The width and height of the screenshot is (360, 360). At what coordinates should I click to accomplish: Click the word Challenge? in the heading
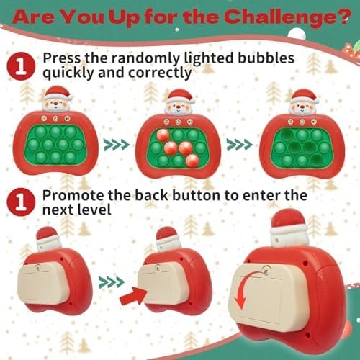[x=287, y=17]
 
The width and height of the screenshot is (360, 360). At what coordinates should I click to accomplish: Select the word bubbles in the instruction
[x=266, y=58]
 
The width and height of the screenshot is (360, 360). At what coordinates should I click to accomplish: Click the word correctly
[x=160, y=73]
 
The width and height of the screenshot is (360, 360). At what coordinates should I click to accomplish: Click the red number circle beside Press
[x=21, y=66]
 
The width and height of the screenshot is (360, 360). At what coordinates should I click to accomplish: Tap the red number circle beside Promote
[x=21, y=202]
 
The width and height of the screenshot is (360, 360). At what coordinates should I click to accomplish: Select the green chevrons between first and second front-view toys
[x=117, y=145]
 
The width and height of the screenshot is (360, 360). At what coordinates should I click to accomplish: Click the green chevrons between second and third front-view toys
[x=240, y=144]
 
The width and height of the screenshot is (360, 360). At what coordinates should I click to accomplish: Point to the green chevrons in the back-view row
[x=112, y=282]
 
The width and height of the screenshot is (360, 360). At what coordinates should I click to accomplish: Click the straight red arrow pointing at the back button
[x=133, y=296]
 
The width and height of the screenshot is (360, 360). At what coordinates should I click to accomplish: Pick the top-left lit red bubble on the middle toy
[x=163, y=136]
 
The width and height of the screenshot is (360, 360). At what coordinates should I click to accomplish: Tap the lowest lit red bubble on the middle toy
[x=192, y=161]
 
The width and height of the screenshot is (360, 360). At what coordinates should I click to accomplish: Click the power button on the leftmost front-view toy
[x=55, y=118]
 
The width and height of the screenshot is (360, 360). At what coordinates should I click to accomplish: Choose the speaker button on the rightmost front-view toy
[x=314, y=122]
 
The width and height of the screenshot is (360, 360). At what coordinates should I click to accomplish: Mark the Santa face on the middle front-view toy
[x=179, y=107]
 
